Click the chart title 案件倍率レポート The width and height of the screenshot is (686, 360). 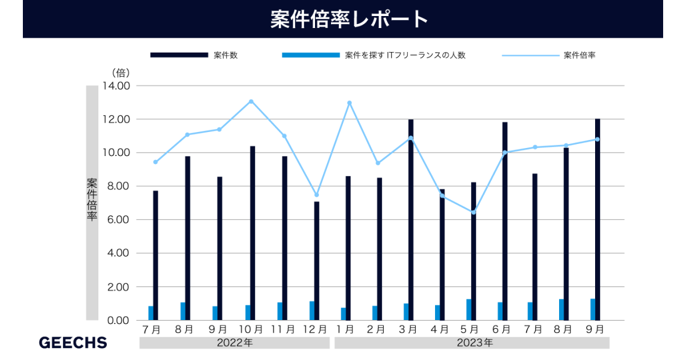pyautogui.click(x=349, y=19)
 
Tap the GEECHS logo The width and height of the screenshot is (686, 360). pyautogui.click(x=73, y=343)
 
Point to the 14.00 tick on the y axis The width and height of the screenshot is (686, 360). pyautogui.click(x=117, y=86)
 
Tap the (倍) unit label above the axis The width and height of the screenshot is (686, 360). pyautogui.click(x=121, y=73)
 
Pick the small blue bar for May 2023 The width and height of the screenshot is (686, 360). pyautogui.click(x=469, y=310)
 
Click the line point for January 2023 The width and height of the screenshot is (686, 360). pyautogui.click(x=349, y=103)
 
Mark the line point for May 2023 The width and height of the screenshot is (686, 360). pyautogui.click(x=473, y=213)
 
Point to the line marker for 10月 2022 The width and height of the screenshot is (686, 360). pyautogui.click(x=251, y=101)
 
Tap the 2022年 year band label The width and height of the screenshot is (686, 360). pyautogui.click(x=234, y=343)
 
